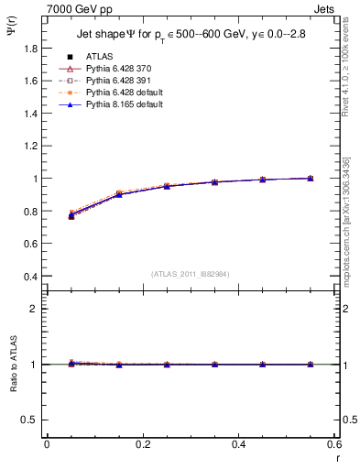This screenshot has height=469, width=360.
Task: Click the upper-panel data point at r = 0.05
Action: pos(71,216)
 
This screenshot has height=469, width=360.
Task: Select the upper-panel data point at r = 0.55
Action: pos(311,178)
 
